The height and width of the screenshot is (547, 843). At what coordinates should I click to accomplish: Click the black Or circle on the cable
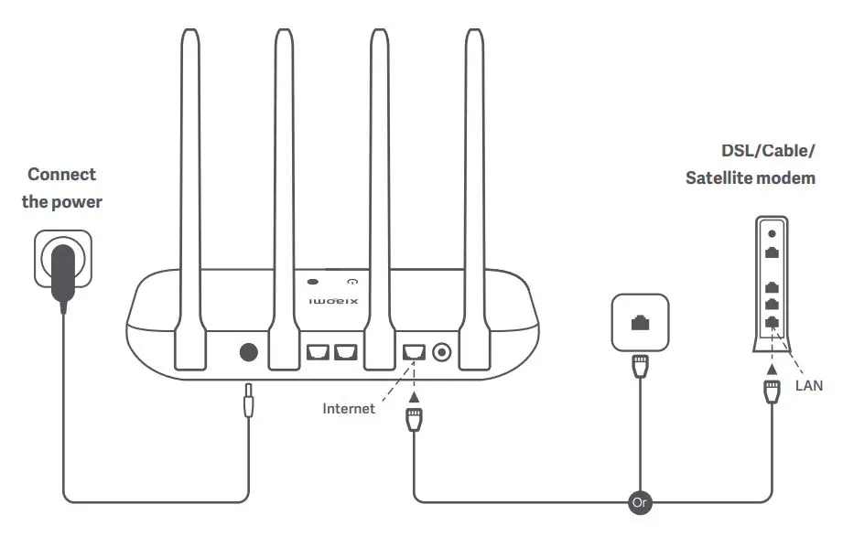(x=640, y=502)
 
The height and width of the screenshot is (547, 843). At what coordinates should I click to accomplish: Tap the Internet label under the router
(x=349, y=409)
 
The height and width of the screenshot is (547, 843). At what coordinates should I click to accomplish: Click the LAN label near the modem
(x=808, y=386)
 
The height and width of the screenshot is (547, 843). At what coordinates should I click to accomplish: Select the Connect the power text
(x=61, y=188)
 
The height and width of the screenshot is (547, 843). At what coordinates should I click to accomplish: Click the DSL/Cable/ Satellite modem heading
(x=751, y=164)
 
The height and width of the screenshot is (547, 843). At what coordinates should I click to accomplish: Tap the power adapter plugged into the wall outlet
(x=63, y=273)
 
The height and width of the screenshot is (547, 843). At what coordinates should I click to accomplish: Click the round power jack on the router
(x=247, y=352)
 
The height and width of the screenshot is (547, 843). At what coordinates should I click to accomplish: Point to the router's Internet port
(x=413, y=351)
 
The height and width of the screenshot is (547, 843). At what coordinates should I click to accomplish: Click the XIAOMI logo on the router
(x=333, y=301)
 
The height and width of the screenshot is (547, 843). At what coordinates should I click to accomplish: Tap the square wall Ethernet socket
(x=639, y=322)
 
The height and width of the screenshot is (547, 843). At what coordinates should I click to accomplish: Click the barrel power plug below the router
(x=248, y=402)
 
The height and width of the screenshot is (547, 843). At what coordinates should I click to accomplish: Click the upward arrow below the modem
(x=773, y=368)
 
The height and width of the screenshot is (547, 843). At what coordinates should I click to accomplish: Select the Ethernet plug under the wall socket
(x=639, y=368)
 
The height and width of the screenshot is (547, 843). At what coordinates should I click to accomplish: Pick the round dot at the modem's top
(x=773, y=233)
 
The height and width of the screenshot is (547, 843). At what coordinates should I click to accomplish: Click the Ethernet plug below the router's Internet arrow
(x=413, y=422)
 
